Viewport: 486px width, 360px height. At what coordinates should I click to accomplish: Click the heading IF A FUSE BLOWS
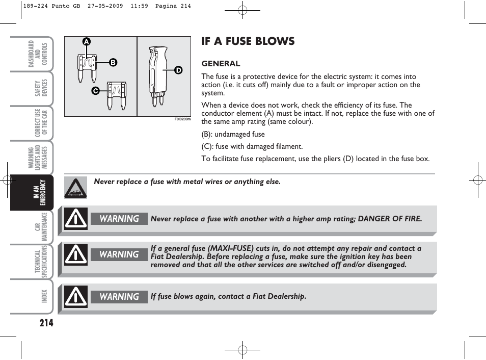pos(248,41)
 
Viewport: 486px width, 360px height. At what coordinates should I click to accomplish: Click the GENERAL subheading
pos(221,64)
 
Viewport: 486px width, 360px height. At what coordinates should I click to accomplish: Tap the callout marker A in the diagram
pos(87,42)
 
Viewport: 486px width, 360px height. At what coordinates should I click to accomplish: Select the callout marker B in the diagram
pos(113,63)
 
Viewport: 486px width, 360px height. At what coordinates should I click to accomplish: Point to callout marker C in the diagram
pos(95,90)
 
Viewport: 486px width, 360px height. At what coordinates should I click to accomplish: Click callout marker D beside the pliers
pos(178,70)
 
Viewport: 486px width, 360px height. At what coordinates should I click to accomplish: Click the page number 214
pos(46,322)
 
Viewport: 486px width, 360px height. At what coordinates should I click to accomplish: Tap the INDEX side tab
pos(44,296)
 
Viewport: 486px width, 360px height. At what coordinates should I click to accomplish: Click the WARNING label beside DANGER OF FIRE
pos(119,219)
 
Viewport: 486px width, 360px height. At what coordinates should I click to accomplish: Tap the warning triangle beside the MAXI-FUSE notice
pos(75,255)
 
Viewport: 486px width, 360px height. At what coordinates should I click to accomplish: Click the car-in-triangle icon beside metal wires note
pos(75,188)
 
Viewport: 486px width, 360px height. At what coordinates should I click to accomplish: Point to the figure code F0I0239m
pos(182,119)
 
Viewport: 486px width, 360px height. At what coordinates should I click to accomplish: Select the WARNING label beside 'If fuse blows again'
pos(119,297)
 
